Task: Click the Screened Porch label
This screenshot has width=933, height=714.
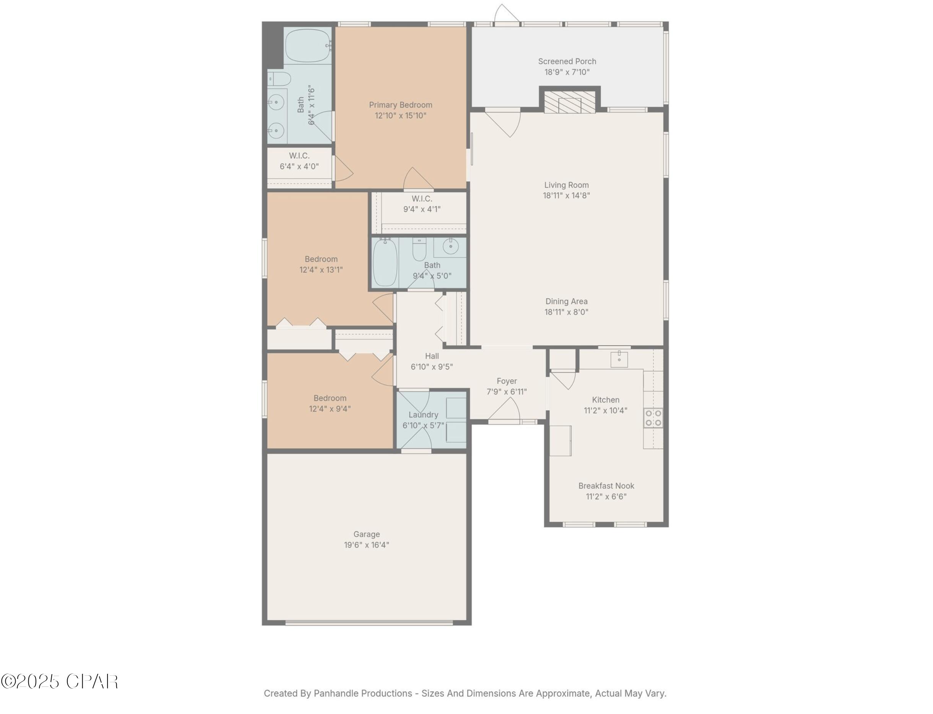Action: [x=567, y=62]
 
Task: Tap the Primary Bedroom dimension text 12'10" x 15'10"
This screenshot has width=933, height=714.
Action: [x=400, y=116]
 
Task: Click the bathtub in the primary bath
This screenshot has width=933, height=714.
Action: [x=307, y=46]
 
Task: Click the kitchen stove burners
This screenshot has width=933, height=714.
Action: [x=653, y=417]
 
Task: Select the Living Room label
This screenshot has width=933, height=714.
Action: [x=567, y=185]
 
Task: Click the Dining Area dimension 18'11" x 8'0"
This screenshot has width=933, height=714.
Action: [x=567, y=312]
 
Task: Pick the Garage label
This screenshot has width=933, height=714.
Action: [x=366, y=534]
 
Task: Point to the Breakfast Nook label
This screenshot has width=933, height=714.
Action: [x=606, y=486]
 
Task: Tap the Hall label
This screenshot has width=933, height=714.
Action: [x=432, y=356]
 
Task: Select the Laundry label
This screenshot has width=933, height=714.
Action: [x=423, y=415]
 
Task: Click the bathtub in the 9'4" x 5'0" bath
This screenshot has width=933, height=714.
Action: [x=385, y=262]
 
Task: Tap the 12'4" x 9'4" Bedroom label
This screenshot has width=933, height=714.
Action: [x=330, y=398]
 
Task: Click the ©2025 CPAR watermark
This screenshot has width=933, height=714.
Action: [x=59, y=681]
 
